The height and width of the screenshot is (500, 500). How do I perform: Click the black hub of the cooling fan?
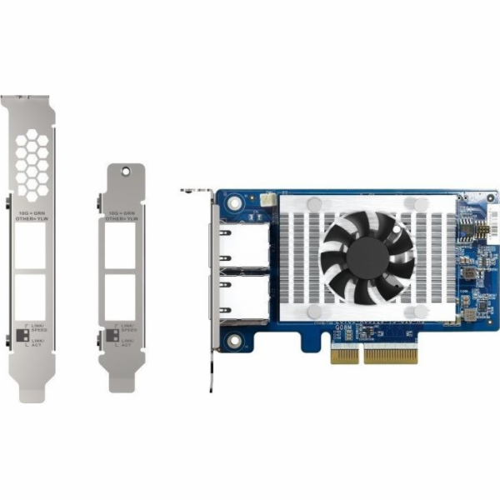pos(367,256)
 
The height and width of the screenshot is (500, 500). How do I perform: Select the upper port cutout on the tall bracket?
pos(32,247)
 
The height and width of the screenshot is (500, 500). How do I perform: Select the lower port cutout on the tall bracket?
pos(32,293)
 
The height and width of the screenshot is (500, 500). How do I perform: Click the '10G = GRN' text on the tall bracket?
pos(32,212)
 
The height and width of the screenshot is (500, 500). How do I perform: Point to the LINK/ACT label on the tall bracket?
pos(39,342)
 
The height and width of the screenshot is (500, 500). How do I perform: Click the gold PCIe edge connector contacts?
pos(391,356)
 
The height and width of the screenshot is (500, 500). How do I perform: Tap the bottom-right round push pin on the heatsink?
pos(422,311)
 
